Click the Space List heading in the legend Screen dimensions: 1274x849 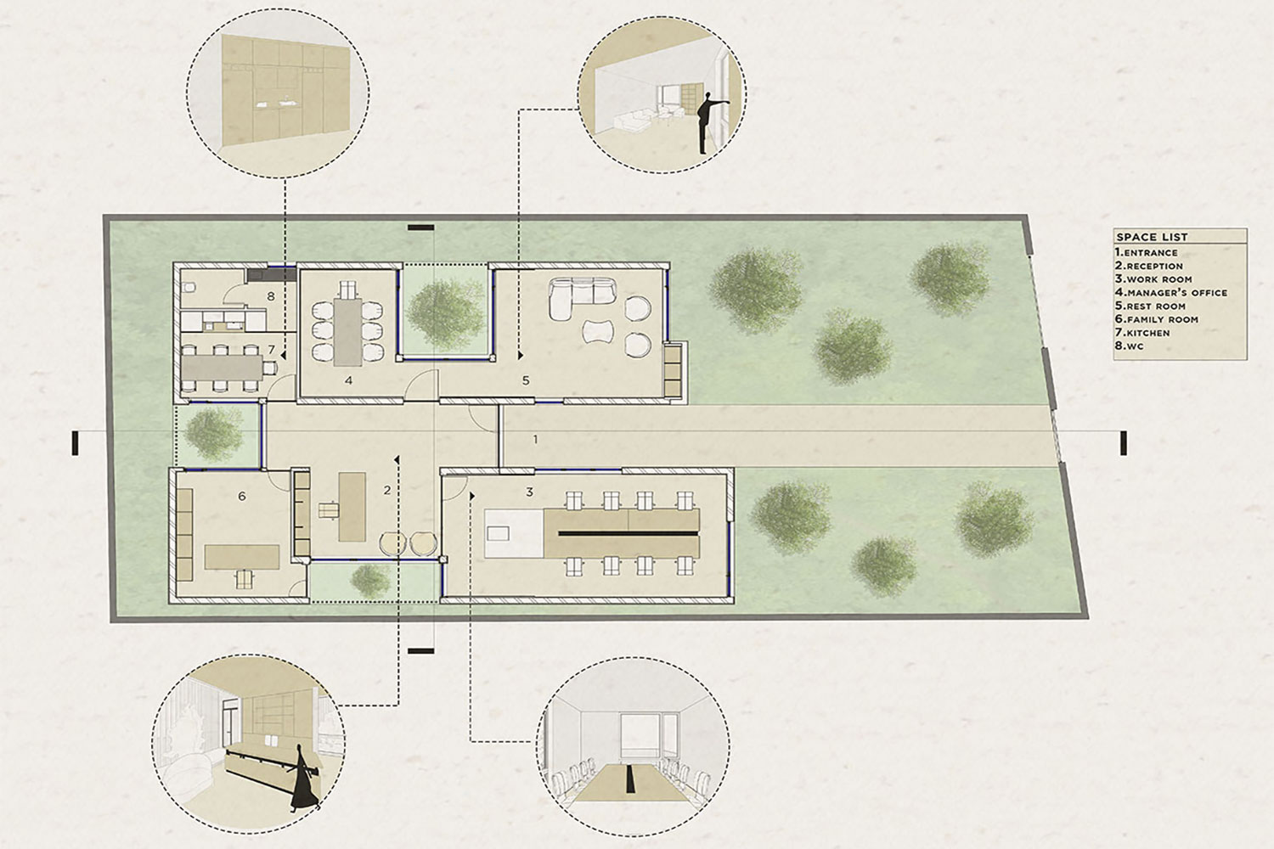[x=1152, y=237]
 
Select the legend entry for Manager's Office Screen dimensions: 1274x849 [x=1171, y=293]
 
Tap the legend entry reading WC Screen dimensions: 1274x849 [x=1129, y=346]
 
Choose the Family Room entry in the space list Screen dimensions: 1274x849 [x=1157, y=319]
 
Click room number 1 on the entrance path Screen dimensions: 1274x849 [x=535, y=439]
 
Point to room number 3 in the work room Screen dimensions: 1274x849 [x=529, y=492]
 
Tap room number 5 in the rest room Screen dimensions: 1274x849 [x=526, y=380]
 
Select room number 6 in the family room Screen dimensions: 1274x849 [x=242, y=497]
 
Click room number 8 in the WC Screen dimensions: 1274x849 [x=271, y=295]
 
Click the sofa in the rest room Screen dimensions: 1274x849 [x=582, y=297]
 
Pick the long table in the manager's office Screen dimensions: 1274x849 [x=347, y=331]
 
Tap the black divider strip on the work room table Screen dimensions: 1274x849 [x=628, y=533]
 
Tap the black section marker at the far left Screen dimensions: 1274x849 [x=75, y=443]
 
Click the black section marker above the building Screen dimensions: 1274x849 [x=421, y=228]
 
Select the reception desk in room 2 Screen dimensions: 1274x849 [x=352, y=507]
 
